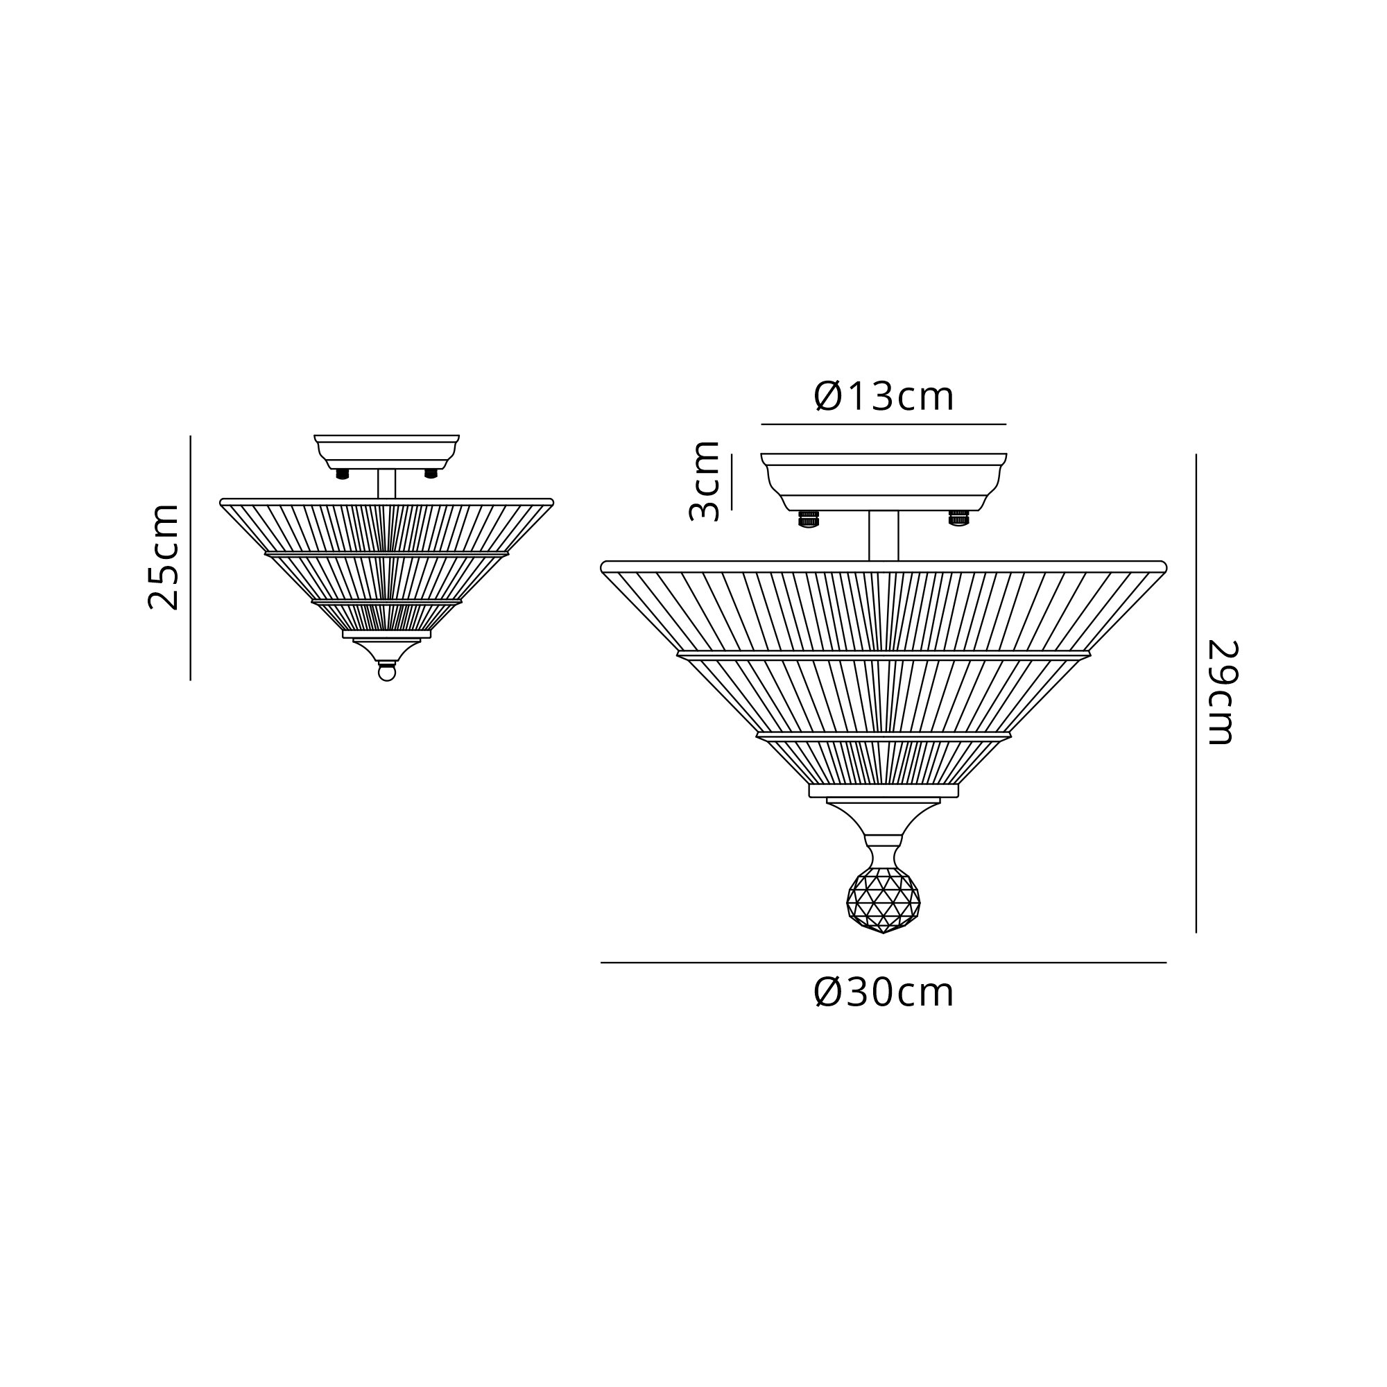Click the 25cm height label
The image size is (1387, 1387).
tap(163, 557)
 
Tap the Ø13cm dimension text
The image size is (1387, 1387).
tap(884, 396)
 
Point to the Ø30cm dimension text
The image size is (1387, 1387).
tap(884, 994)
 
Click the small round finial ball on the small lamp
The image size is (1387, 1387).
tap(387, 673)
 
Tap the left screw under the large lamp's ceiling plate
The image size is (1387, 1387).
tap(809, 519)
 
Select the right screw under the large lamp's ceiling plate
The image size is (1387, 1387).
tap(959, 518)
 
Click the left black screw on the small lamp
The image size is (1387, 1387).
tap(343, 474)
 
